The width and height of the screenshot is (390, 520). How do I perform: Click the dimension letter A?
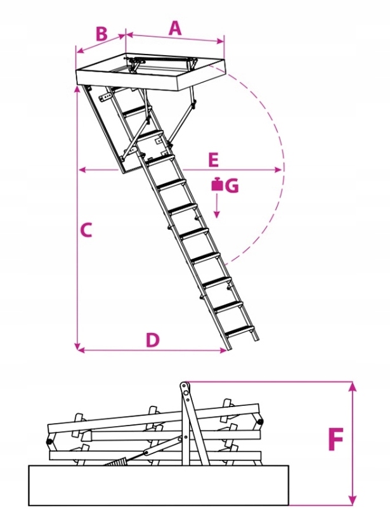(175, 28)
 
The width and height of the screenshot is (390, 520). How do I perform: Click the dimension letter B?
(102, 34)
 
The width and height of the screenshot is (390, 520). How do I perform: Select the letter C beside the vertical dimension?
(86, 230)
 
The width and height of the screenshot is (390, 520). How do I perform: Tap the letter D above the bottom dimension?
(153, 340)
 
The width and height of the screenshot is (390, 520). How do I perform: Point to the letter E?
(213, 160)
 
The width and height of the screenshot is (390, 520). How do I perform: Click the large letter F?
(335, 439)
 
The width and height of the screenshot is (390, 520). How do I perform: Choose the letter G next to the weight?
(232, 186)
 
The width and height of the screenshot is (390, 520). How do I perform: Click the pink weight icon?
(218, 185)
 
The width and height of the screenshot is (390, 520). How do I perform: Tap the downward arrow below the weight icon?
(217, 205)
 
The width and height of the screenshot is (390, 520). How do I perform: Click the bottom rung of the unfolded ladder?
(240, 330)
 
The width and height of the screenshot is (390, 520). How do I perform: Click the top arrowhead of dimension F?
(353, 386)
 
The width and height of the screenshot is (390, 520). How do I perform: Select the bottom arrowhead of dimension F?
(353, 501)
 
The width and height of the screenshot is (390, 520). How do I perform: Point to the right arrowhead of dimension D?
(223, 350)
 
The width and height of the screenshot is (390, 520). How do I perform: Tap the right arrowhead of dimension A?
(221, 41)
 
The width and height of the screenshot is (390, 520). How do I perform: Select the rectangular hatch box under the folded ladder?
(159, 485)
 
